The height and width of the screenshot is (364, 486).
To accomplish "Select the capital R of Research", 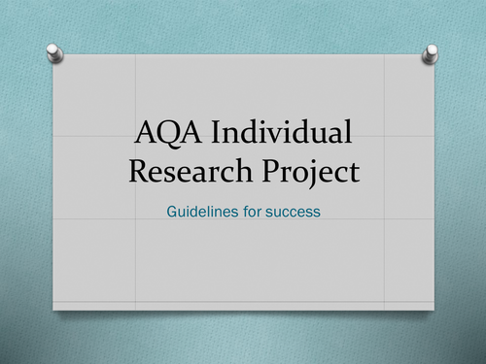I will coord(138,173).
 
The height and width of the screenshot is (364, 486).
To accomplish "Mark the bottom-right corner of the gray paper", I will coord(434,310).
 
